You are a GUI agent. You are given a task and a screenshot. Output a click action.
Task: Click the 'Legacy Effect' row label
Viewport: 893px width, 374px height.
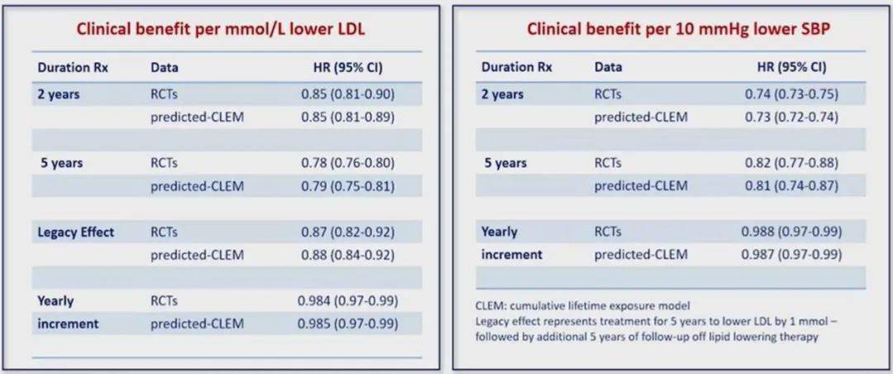point(76,233)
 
